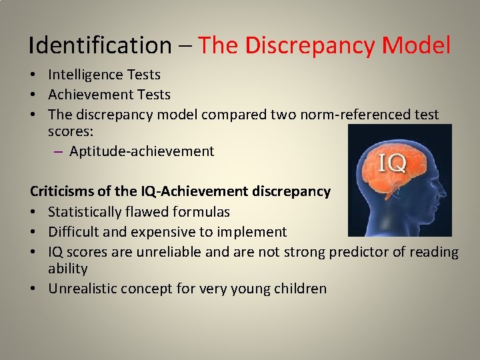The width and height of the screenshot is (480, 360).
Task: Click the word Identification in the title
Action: pos(100,45)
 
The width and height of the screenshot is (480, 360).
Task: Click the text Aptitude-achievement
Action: pos(141,151)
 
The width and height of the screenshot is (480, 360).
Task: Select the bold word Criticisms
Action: pos(63,191)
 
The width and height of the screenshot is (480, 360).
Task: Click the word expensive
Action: pos(164,232)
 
